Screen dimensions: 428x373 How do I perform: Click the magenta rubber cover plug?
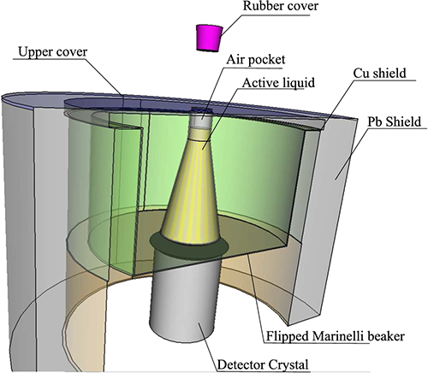pos(209,38)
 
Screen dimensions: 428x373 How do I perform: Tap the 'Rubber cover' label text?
pos(280,6)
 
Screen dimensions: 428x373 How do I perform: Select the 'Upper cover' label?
pos(53,52)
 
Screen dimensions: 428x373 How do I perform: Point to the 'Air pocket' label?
pos(256,60)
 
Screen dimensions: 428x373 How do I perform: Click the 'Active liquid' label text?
pos(278,83)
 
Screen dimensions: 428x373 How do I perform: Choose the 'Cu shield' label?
pos(379,74)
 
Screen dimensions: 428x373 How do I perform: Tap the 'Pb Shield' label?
pos(394,121)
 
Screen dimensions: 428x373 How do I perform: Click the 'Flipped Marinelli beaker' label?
pos(336,336)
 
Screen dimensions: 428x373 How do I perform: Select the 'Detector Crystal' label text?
pos(263,365)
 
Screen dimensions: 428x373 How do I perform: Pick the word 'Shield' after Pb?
pos(402,121)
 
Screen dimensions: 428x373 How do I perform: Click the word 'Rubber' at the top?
pos(261,6)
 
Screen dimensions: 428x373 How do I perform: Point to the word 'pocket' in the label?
pos(267,61)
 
